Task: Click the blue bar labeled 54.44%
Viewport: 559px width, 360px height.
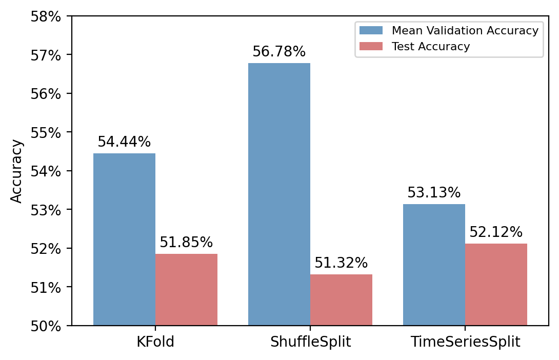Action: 124,239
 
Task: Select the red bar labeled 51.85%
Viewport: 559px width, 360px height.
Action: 186,289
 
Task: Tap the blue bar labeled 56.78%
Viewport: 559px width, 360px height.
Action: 279,194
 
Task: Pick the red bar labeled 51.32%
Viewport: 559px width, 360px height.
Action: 341,299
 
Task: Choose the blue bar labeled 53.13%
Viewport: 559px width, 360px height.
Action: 434,265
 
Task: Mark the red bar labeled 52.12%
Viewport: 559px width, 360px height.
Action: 496,284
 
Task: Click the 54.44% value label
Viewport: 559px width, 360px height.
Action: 124,143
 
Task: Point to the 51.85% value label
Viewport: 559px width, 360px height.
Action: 186,243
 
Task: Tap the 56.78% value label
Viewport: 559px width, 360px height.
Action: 279,52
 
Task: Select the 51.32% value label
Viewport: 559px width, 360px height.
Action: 341,264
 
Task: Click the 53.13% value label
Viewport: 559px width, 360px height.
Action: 434,193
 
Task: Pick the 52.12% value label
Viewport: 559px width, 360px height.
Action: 496,233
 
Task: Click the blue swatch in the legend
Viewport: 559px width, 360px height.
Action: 371,31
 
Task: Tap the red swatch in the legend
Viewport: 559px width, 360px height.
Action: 371,47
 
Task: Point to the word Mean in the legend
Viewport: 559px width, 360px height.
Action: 405,31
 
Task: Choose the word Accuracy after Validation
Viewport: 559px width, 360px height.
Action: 513,31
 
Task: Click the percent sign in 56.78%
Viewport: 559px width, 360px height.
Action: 300,52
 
